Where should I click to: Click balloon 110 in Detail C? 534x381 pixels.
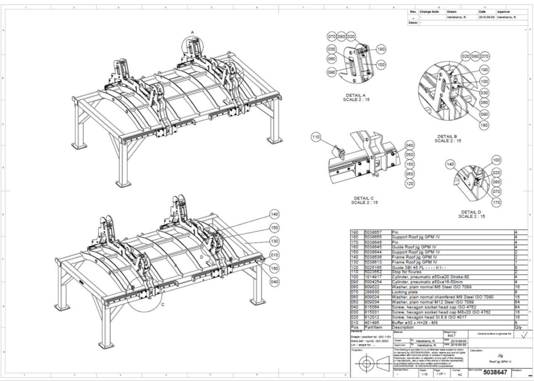tap(316, 137)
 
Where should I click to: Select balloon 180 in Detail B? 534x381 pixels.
tap(484, 125)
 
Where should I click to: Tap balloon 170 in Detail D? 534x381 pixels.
tap(496, 202)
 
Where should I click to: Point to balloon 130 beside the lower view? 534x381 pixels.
tap(274, 241)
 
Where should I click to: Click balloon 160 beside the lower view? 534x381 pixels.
tap(274, 268)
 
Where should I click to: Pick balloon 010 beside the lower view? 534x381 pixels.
tap(274, 255)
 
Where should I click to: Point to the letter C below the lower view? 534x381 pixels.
tap(163, 304)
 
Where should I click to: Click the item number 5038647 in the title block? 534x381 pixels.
tap(495, 372)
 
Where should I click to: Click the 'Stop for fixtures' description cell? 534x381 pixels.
tap(406, 272)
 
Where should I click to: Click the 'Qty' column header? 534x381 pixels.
tap(518, 327)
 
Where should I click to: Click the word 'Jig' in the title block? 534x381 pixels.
tap(500, 355)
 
